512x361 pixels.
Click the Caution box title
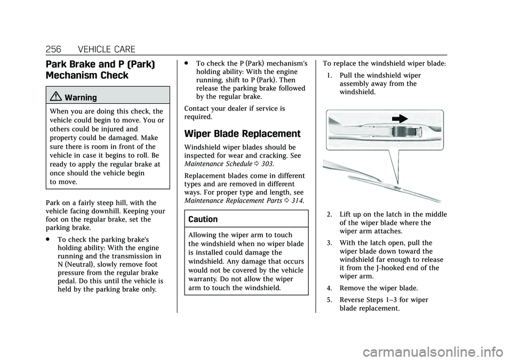203,219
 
